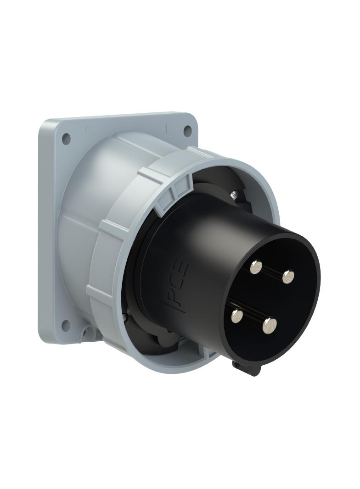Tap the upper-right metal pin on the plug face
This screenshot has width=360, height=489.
[288, 276]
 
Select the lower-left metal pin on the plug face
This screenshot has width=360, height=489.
[237, 315]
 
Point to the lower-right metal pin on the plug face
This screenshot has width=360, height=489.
[270, 325]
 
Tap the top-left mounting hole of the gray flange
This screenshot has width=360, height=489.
[66, 137]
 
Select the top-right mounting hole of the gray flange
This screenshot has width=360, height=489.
[187, 131]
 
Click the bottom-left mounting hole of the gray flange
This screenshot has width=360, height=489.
[66, 325]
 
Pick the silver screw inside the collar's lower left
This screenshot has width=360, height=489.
[125, 316]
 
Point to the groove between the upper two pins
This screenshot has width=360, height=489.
[273, 272]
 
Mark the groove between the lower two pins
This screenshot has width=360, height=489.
[253, 320]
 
